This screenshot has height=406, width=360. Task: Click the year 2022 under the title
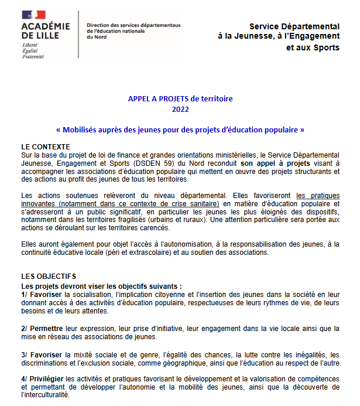(x=180, y=110)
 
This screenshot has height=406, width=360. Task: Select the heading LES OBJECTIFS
(x=48, y=277)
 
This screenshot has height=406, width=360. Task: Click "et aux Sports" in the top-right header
(x=312, y=47)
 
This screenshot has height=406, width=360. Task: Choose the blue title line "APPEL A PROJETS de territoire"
(x=180, y=99)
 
